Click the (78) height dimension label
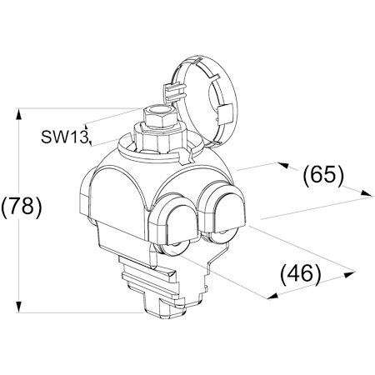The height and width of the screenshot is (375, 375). pos(22,207)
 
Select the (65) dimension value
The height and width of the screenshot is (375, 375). pos(323,175)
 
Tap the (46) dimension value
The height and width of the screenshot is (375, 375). pos(301,273)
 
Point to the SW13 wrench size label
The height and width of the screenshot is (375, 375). pos(64,137)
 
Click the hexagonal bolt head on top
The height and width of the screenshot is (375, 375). pos(159,118)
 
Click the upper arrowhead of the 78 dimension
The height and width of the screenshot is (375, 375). pos(18,114)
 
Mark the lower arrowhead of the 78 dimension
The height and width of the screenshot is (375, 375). pos(18,307)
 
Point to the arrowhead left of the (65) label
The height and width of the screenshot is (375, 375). pos(284,165)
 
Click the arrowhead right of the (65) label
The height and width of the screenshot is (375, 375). pos(365,193)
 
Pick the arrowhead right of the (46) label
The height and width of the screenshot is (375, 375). pos(349,274)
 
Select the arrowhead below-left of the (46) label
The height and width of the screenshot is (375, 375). pos(272,296)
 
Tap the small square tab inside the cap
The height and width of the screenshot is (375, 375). pos(225,114)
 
